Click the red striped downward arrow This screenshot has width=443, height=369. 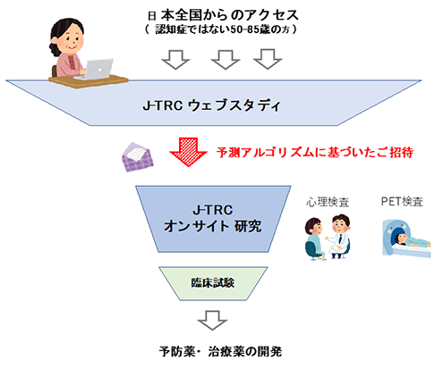(x=188, y=152)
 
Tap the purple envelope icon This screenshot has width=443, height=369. (x=138, y=157)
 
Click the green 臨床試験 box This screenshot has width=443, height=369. (x=213, y=283)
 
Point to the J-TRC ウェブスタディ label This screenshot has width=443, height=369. (x=212, y=105)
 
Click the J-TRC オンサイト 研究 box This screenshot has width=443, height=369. (x=213, y=219)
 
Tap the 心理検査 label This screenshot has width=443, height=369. (x=328, y=202)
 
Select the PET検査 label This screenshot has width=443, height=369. (x=402, y=202)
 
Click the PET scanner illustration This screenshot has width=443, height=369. (x=406, y=239)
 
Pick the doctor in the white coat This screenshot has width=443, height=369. (x=339, y=236)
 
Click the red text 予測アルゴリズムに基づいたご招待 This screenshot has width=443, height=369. (x=315, y=152)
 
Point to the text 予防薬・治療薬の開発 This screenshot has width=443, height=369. (x=220, y=352)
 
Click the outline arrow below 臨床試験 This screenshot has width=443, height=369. (x=212, y=321)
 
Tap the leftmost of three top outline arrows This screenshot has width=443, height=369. (x=175, y=60)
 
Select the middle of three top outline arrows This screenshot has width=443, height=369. (x=226, y=60)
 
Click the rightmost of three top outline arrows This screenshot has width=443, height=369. (x=268, y=60)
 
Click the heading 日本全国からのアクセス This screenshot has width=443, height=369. (x=223, y=15)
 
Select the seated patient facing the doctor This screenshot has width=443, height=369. (x=314, y=239)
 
